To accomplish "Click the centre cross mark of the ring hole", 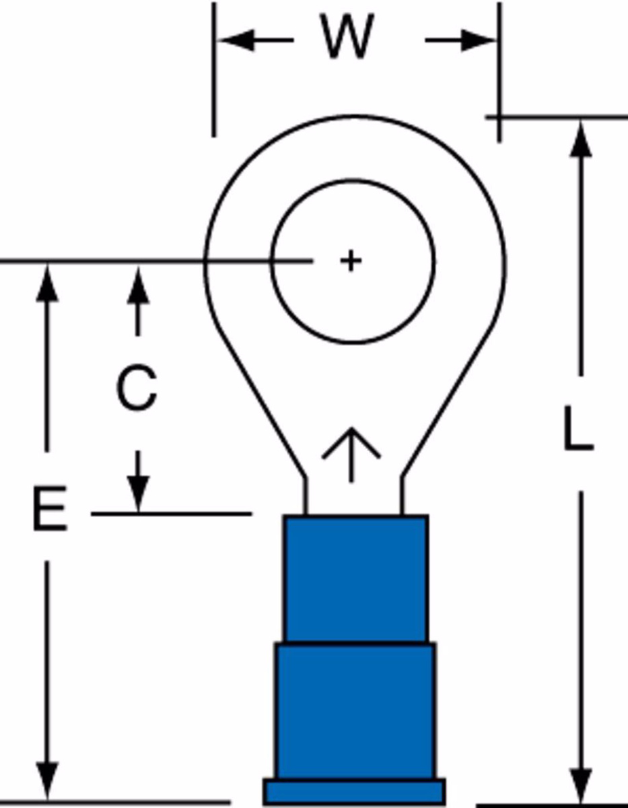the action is click(x=351, y=261).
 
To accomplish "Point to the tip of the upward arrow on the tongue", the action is click(x=351, y=428).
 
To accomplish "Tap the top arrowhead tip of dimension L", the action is click(x=581, y=123).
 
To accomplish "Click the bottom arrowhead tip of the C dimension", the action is click(x=138, y=513).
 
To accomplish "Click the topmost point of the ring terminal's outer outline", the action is click(x=354, y=116).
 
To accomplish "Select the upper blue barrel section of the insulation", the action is click(x=356, y=579).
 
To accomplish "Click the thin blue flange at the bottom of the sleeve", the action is click(x=354, y=792).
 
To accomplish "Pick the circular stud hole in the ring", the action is click(x=353, y=261).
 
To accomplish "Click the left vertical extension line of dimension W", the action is click(x=213, y=69).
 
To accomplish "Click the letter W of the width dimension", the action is click(x=347, y=36).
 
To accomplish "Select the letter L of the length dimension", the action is click(x=579, y=429).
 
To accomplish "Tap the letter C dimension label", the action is click(x=137, y=388).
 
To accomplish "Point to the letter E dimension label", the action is click(x=50, y=508).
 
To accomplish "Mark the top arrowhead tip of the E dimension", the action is click(x=47, y=265).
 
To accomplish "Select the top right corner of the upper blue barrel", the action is click(x=428, y=516).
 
